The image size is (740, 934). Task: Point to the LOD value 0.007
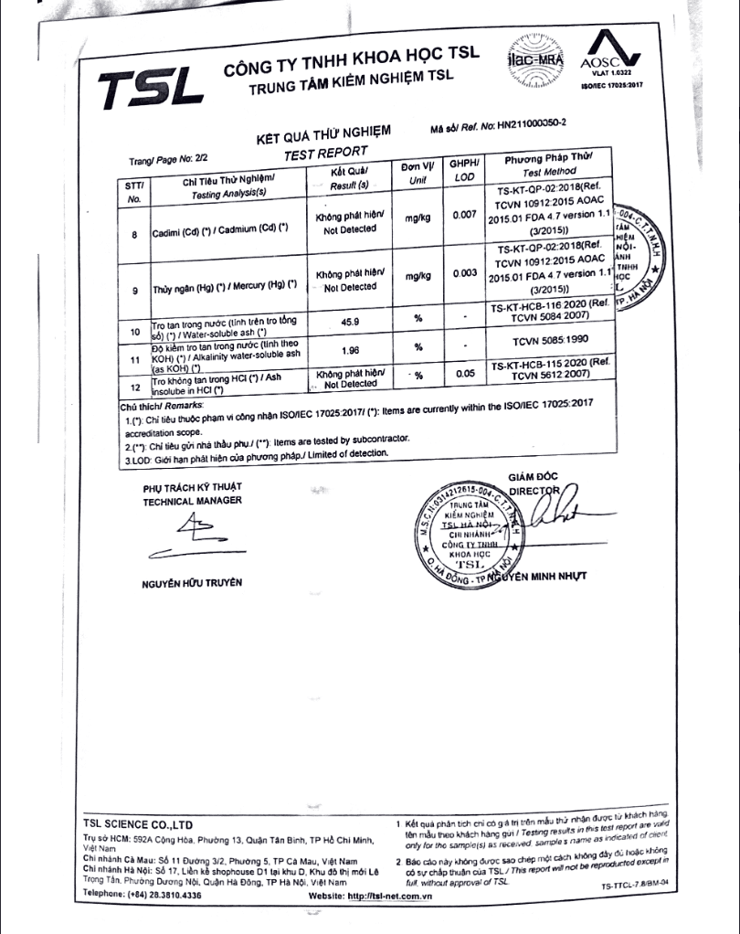point(464,216)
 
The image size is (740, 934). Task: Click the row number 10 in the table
point(134,331)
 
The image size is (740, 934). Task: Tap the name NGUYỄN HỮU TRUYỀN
point(192,582)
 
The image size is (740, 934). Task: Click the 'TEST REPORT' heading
point(325,153)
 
